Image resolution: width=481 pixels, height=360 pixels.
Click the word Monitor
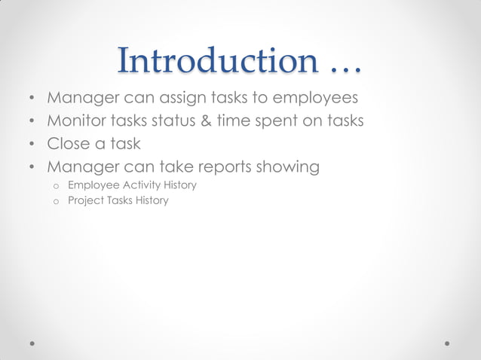(78, 121)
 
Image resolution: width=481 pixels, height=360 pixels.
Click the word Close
(69, 143)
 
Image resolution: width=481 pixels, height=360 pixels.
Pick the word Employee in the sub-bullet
(93, 185)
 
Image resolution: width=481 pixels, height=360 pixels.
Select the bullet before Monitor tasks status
(32, 122)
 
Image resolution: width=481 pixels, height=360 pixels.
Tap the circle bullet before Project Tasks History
(55, 202)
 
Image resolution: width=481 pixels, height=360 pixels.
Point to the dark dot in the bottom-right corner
(448, 343)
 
